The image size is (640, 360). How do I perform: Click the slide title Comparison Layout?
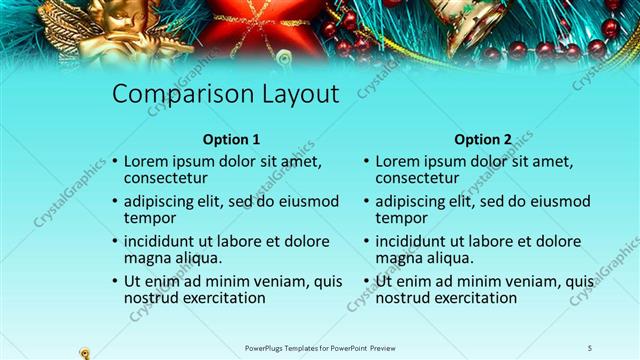pyautogui.click(x=225, y=94)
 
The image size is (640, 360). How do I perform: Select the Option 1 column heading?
pyautogui.click(x=231, y=139)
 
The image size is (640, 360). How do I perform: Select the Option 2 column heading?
pyautogui.click(x=482, y=139)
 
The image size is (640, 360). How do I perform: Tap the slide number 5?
pyautogui.click(x=590, y=347)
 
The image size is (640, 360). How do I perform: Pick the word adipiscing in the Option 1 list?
pyautogui.click(x=163, y=200)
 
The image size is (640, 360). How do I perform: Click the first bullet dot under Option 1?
pyautogui.click(x=115, y=161)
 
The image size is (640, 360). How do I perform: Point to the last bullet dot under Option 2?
pyautogui.click(x=367, y=282)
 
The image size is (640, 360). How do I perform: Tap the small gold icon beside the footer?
pyautogui.click(x=85, y=351)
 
